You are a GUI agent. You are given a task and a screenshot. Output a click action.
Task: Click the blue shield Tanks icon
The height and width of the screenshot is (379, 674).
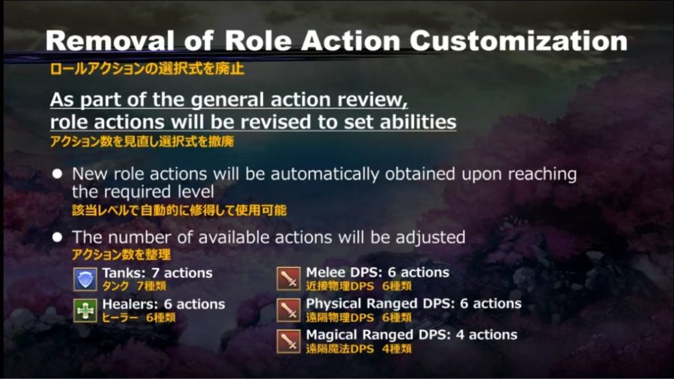click(85, 279)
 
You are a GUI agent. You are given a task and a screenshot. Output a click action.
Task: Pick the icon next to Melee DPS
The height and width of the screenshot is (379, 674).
click(289, 279)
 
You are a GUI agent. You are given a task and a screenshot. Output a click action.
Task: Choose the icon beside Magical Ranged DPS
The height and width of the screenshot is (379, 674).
click(289, 341)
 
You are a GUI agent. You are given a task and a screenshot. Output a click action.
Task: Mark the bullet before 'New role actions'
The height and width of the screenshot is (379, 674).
click(58, 174)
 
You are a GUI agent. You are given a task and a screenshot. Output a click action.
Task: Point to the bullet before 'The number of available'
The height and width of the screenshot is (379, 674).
click(58, 237)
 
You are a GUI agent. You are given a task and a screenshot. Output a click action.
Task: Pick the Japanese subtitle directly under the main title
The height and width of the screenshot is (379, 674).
click(147, 69)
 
